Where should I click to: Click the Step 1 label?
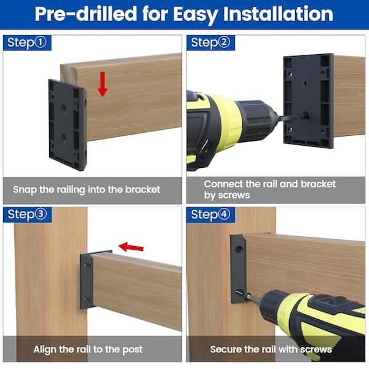[26, 42]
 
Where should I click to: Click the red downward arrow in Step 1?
[102, 84]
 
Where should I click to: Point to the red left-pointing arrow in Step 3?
[131, 247]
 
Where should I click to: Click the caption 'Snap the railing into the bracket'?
[86, 189]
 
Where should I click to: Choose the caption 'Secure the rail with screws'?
[271, 349]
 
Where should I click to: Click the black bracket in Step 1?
[67, 123]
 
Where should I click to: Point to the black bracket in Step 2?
[308, 100]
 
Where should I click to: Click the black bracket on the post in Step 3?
[87, 280]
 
